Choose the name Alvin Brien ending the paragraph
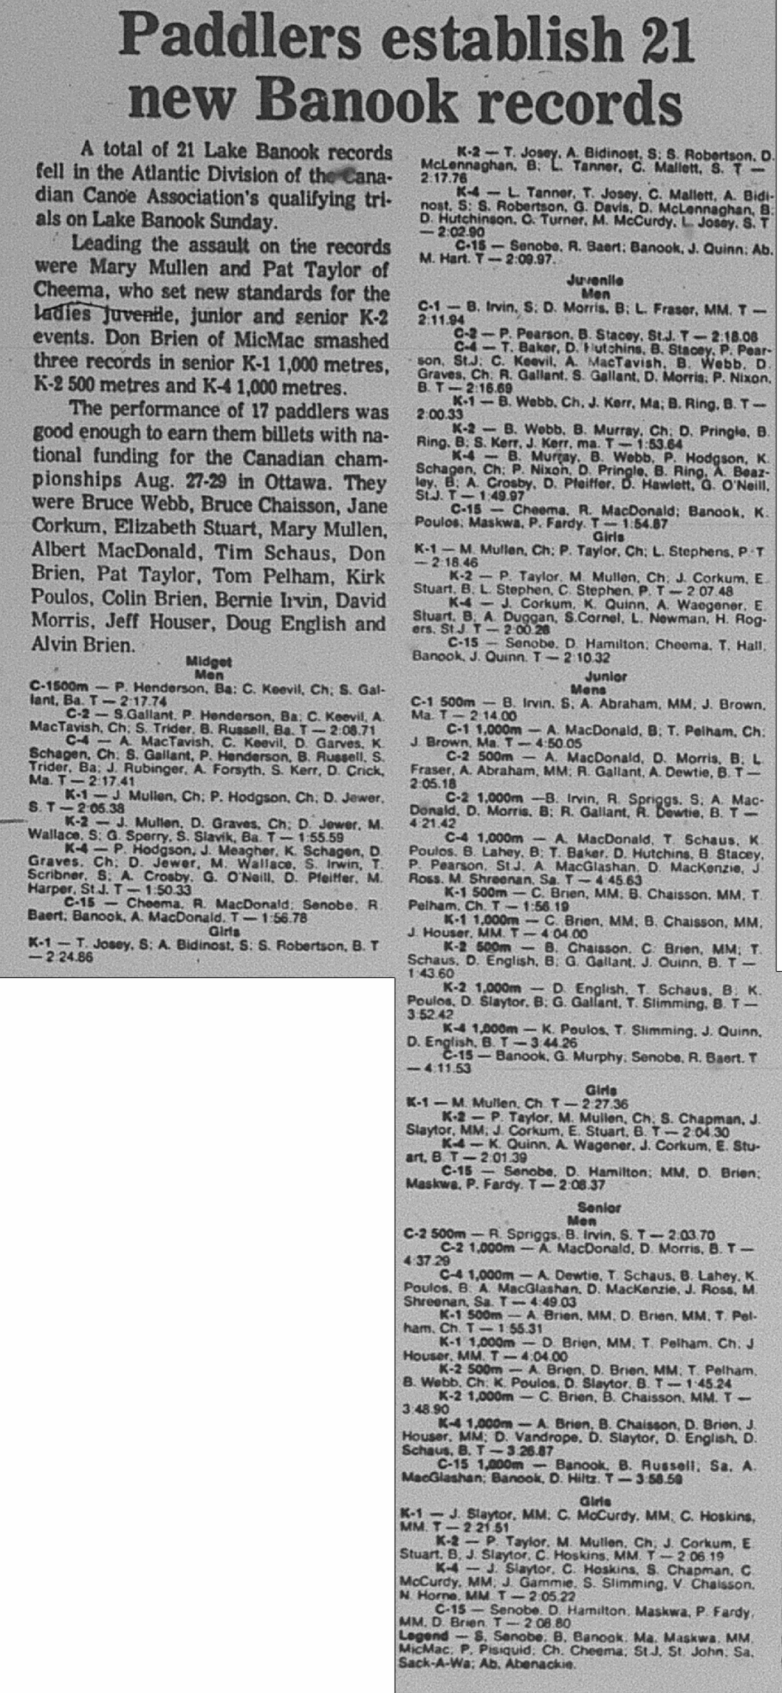[82, 645]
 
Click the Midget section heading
[208, 662]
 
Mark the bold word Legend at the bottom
[423, 1637]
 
